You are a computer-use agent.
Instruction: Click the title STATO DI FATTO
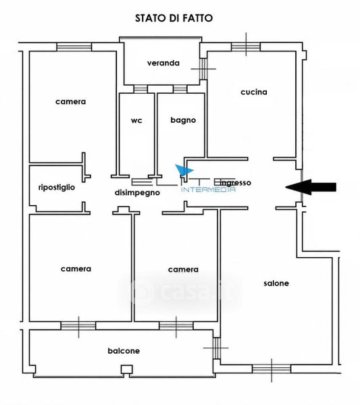174,18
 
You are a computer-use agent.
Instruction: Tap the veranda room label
163,63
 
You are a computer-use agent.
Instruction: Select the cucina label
254,92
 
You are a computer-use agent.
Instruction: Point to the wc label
136,120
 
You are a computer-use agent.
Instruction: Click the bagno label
183,120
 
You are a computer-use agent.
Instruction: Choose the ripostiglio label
57,187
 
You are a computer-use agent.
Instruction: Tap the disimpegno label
137,192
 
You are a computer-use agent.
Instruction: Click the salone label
276,283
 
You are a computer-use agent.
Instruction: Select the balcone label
124,351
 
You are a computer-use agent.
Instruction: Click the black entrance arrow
311,187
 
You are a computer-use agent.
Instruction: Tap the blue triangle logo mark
184,171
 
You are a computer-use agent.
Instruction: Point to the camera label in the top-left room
70,101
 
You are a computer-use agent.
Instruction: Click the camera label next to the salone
183,269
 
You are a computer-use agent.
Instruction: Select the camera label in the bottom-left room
76,269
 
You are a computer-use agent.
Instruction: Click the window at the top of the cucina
246,47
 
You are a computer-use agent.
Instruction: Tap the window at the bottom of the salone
272,369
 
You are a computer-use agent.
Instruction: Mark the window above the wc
140,89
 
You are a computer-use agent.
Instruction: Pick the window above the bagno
180,89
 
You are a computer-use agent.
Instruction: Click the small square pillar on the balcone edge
127,370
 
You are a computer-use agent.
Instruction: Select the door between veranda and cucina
204,69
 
